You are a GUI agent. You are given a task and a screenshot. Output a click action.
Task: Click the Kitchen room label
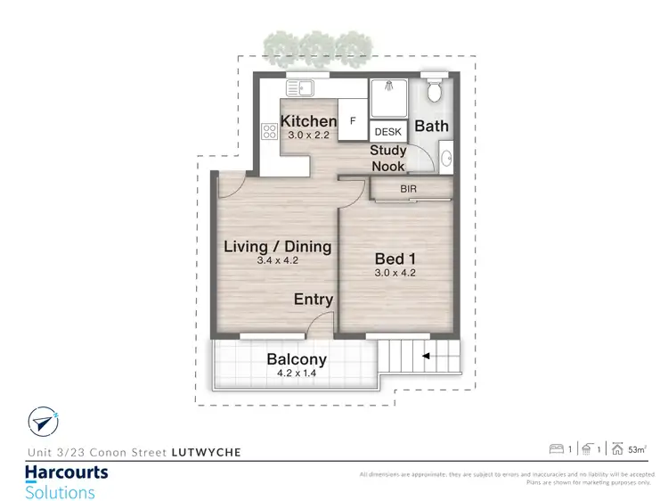click(309, 121)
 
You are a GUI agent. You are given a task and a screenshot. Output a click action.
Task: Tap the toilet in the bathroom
click(435, 91)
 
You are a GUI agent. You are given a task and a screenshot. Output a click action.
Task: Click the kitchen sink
click(302, 88)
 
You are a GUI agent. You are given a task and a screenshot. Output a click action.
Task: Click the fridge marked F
click(353, 120)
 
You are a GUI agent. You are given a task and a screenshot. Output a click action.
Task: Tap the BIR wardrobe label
click(407, 190)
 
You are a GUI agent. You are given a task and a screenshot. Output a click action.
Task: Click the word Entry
click(314, 300)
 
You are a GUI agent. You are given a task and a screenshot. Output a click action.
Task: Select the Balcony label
click(297, 359)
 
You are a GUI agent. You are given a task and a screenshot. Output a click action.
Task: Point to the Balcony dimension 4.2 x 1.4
click(297, 374)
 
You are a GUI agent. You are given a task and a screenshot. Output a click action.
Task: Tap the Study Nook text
click(388, 159)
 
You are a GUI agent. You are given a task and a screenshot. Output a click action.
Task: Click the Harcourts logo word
click(66, 472)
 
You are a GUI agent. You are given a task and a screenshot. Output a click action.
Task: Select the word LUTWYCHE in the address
click(206, 452)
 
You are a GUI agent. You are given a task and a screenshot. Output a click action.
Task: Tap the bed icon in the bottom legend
click(556, 448)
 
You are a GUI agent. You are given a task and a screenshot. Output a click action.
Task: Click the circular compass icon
click(42, 420)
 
